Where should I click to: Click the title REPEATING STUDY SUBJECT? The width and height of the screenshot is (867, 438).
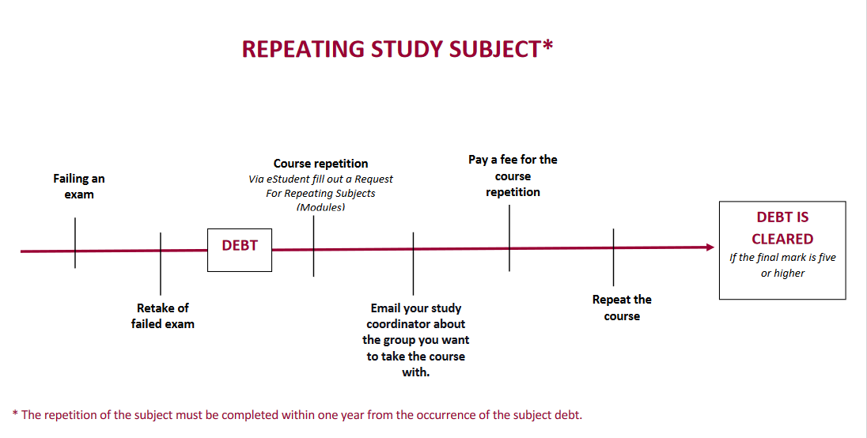click(x=397, y=48)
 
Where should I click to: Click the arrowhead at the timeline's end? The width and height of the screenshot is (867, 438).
click(x=710, y=247)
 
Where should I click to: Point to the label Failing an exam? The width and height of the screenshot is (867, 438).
click(x=79, y=186)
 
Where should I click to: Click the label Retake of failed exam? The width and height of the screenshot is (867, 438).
click(x=163, y=315)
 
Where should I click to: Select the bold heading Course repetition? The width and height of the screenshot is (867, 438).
click(x=320, y=164)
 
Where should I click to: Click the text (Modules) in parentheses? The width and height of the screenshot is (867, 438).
click(x=320, y=207)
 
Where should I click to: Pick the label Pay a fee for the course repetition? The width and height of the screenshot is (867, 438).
click(x=513, y=176)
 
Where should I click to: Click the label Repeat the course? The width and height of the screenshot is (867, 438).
click(x=622, y=308)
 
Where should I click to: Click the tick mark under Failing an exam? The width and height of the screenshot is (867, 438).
click(x=75, y=243)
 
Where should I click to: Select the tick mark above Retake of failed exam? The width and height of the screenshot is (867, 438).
click(x=161, y=263)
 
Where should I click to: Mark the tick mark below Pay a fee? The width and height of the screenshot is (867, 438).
click(x=509, y=238)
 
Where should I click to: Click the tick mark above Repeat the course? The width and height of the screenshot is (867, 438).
click(x=613, y=258)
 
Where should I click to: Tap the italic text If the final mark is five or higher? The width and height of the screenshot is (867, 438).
click(x=782, y=265)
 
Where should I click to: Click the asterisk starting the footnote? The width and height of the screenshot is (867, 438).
click(x=15, y=413)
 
